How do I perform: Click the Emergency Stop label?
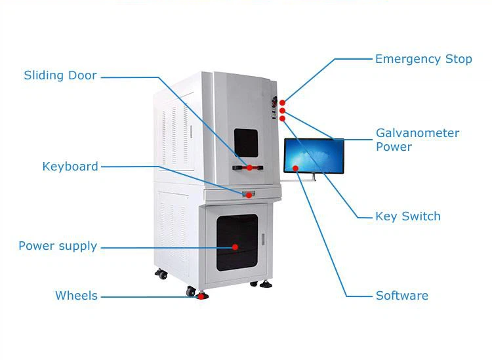pos(423,59)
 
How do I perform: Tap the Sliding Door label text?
pos(60,75)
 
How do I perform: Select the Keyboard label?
pos(70,167)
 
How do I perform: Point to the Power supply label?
pos(58,246)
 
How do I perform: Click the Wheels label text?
pos(76,296)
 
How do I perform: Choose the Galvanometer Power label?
pos(417,140)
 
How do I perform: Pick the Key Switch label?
pos(408,216)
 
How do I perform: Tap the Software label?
pos(402,296)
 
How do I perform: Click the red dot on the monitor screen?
pos(295,169)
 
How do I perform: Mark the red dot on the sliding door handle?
pos(249,168)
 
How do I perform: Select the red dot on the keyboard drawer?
pos(249,195)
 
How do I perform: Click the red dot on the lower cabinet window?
pos(235,247)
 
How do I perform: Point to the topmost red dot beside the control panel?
pos(282,103)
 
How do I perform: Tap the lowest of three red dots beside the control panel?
pos(282,119)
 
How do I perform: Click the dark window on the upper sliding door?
pos(246,143)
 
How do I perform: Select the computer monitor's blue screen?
pos(314,155)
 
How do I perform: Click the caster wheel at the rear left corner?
pos(161,274)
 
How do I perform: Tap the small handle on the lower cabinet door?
pos(263,239)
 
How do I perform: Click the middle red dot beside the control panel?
pos(282,111)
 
